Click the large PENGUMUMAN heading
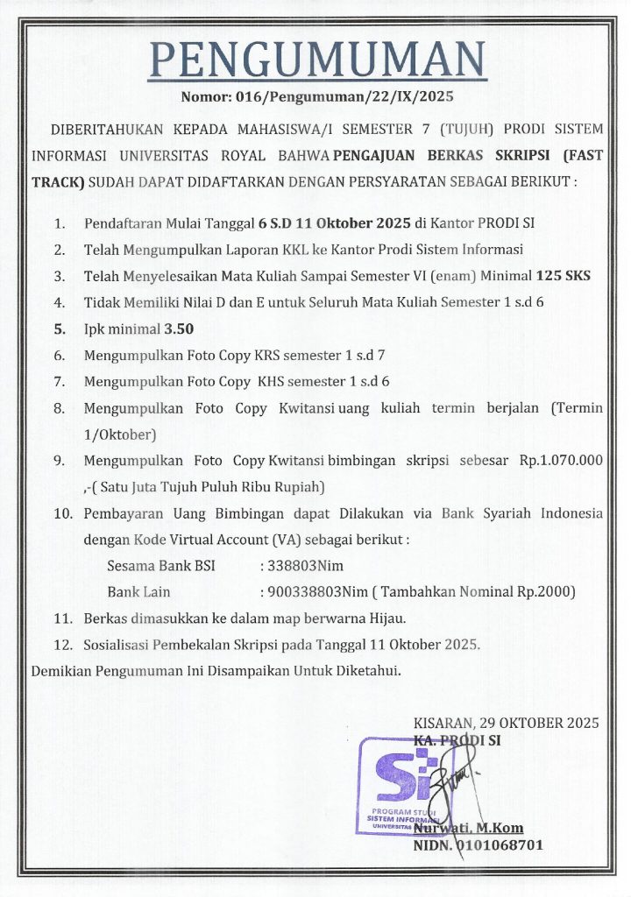pyautogui.click(x=315, y=60)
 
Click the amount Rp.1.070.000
pyautogui.click(x=561, y=461)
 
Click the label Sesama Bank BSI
pyautogui.click(x=156, y=566)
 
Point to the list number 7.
pyautogui.click(x=59, y=382)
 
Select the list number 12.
pyautogui.click(x=62, y=645)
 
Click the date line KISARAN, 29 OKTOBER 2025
pyautogui.click(x=506, y=724)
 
